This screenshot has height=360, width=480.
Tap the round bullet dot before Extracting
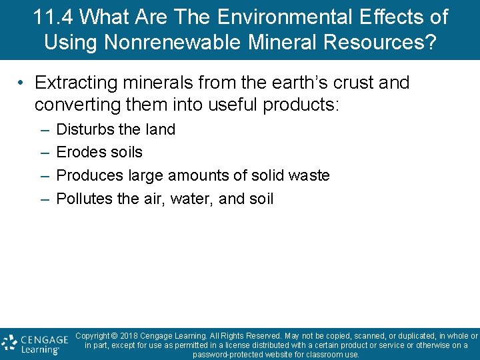[x=22, y=83]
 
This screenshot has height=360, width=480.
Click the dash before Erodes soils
[x=44, y=153]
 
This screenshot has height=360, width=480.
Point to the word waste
[x=309, y=176]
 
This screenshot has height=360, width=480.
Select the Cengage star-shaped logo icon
[x=9, y=343]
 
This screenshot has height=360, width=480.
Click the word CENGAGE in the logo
[x=45, y=339]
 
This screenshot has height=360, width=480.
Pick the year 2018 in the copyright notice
[x=131, y=336]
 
